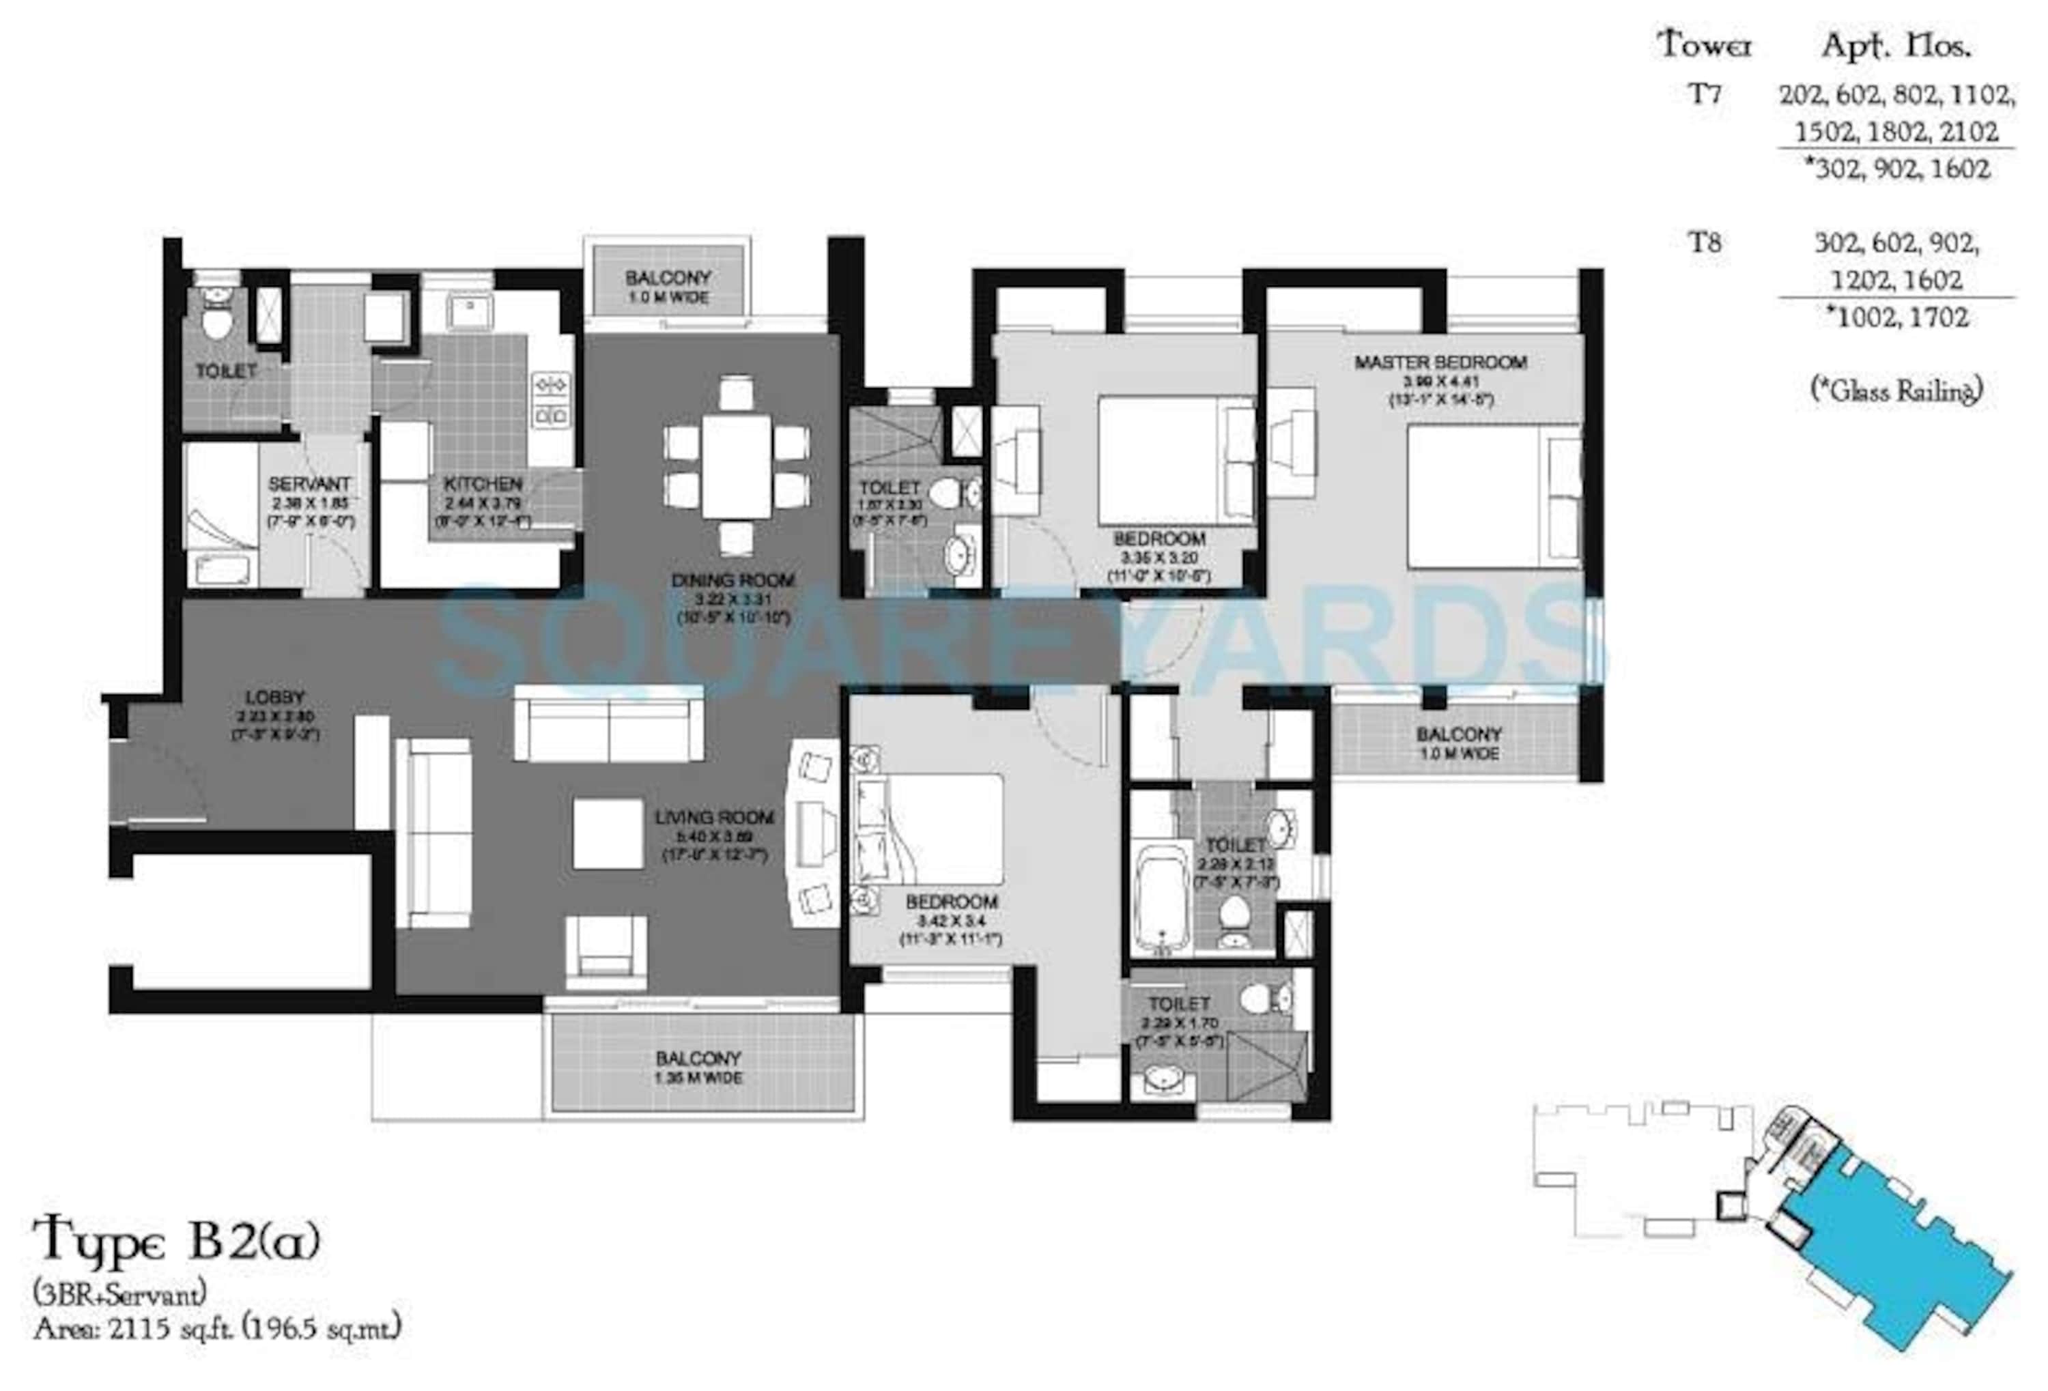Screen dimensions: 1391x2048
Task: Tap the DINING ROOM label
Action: coord(733,581)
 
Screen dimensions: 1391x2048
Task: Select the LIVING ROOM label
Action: coord(714,818)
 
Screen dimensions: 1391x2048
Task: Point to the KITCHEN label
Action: coord(483,484)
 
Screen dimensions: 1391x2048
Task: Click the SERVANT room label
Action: coord(309,484)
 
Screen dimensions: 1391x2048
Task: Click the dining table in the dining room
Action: coord(736,467)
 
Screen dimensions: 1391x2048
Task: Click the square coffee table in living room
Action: coord(607,833)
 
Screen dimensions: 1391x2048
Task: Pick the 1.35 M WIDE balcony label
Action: coord(698,1067)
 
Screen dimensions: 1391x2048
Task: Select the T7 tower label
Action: coord(1705,94)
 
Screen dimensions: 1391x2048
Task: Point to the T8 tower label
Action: coord(1705,242)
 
